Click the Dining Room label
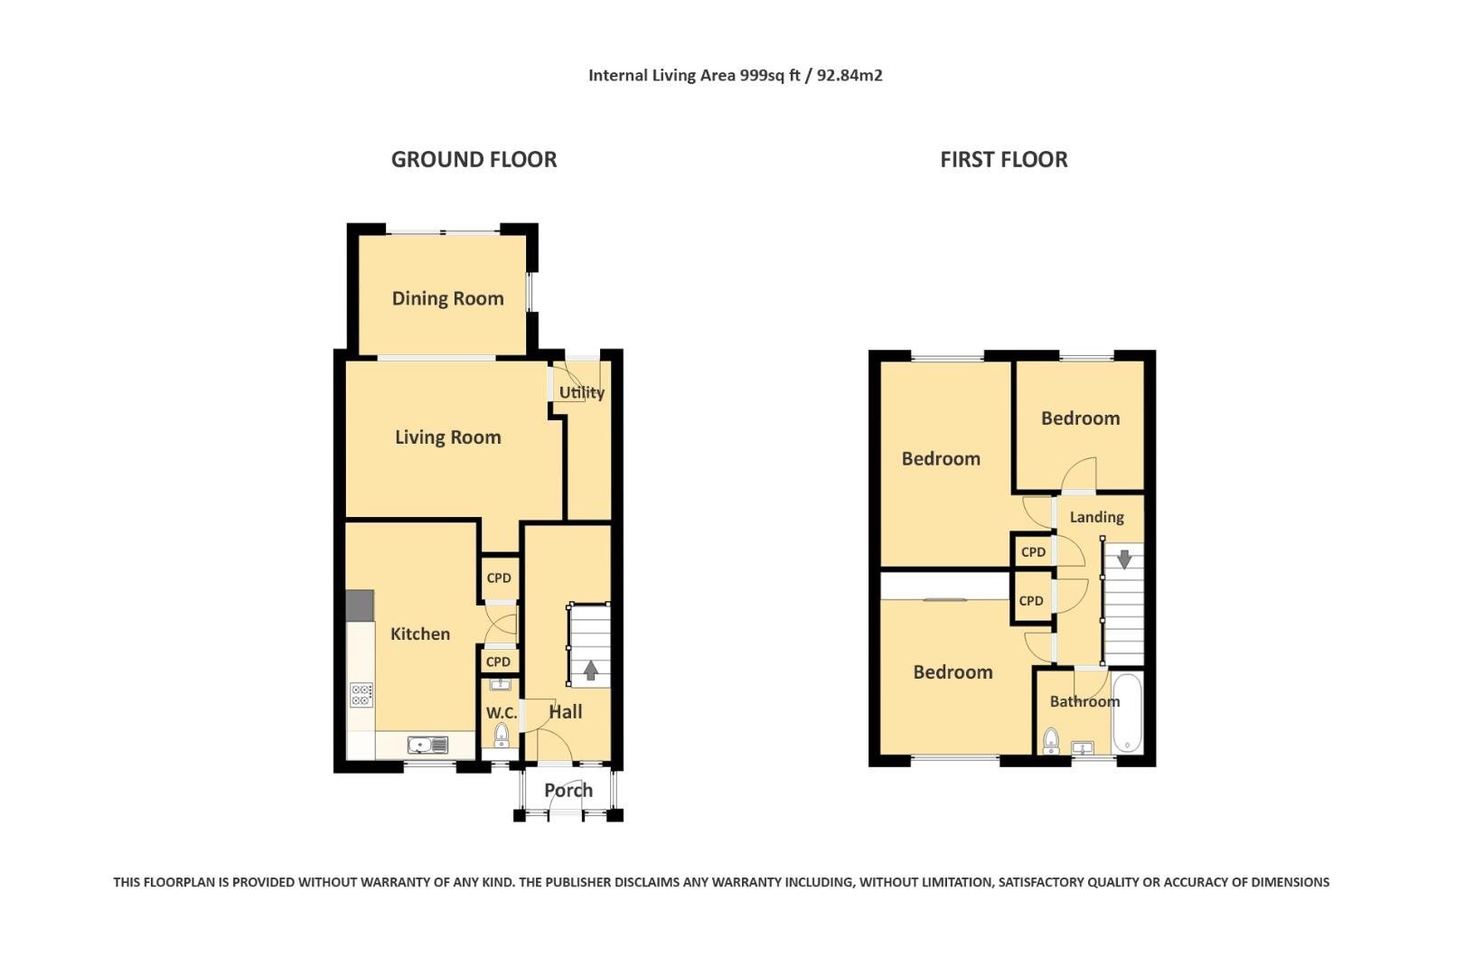(447, 298)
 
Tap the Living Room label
(447, 437)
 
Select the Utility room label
(581, 392)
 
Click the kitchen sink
(427, 746)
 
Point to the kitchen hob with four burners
(361, 694)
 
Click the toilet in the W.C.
(502, 736)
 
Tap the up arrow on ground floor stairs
(590, 671)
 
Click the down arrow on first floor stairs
(1124, 559)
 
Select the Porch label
(568, 791)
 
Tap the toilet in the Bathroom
(1050, 741)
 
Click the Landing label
(1096, 517)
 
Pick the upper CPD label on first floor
(1033, 552)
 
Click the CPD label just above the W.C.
(498, 662)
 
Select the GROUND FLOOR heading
(474, 160)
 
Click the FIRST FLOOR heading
(1003, 160)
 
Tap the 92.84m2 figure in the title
(849, 76)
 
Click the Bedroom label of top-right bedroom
(1080, 418)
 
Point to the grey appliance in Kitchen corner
(360, 605)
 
